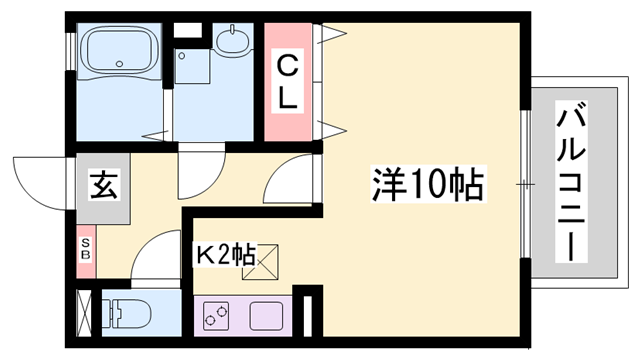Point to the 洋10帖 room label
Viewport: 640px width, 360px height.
428,183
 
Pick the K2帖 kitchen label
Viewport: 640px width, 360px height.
224,253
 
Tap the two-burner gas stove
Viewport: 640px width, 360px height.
218,315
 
